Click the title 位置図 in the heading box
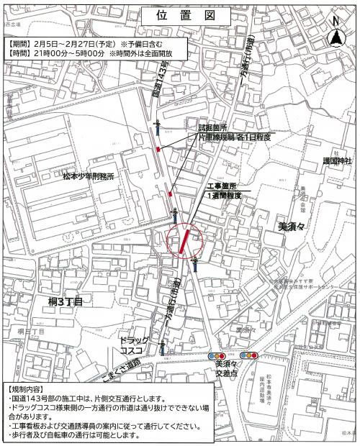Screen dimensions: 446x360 tap(179, 16)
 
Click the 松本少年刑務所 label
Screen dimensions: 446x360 tap(88, 176)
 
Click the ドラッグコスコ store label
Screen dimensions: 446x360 tap(134, 344)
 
